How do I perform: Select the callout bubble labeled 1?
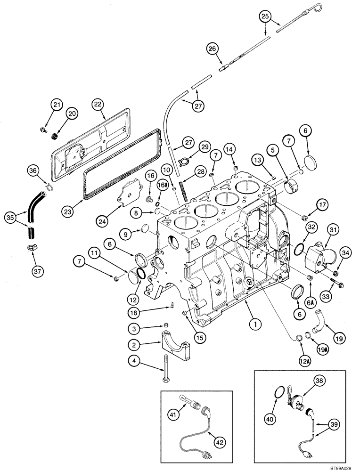(x=254, y=324)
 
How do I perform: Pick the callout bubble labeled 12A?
(x=305, y=361)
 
